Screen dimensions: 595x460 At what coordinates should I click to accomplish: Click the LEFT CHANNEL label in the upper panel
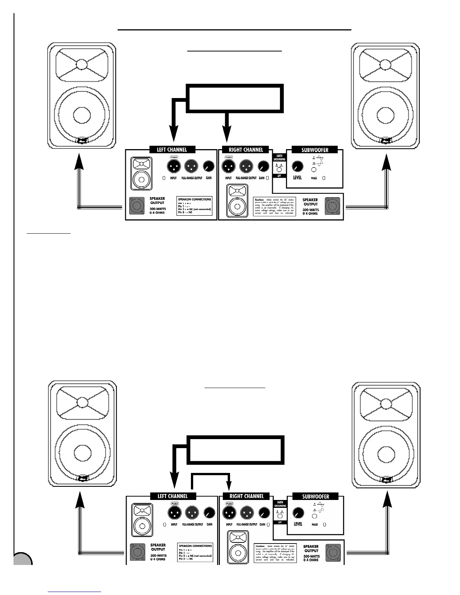(x=172, y=150)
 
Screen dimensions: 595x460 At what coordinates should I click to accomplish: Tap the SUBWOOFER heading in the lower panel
(x=315, y=496)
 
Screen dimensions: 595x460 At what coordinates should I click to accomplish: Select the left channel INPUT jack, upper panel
(x=173, y=166)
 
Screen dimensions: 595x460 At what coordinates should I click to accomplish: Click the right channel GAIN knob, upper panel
(x=265, y=166)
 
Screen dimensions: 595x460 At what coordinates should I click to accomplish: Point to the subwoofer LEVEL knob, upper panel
(x=297, y=166)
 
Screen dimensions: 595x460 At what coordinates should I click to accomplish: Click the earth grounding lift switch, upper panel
(x=279, y=170)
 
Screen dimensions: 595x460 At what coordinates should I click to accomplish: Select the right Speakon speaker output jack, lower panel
(x=333, y=553)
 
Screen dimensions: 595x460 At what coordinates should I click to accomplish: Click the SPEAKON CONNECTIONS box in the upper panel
(x=195, y=206)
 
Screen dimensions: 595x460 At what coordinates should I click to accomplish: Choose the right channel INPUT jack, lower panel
(x=229, y=513)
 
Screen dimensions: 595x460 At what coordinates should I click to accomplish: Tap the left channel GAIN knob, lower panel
(x=209, y=513)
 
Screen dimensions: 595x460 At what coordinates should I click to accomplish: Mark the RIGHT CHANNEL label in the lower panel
(x=247, y=496)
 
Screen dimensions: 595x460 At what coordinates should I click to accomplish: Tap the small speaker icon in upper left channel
(x=141, y=174)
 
